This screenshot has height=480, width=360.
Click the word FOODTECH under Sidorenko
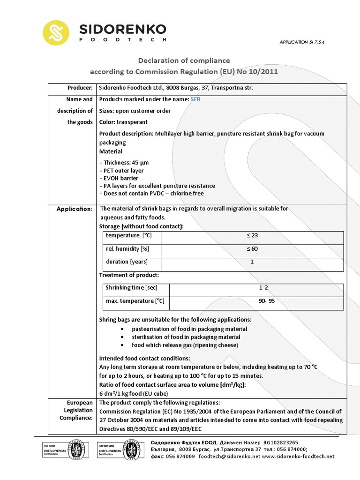[x=123, y=40]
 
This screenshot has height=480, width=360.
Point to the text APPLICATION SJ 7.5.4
[x=302, y=42]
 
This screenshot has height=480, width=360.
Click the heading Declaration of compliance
[x=183, y=60]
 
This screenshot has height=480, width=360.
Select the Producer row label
[x=80, y=88]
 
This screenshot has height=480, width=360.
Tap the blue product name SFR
[x=195, y=99]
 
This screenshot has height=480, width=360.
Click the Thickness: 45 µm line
[x=125, y=162]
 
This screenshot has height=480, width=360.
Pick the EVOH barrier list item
[x=120, y=178]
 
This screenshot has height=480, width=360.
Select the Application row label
[x=75, y=209]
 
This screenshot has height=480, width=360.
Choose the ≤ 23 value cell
[x=252, y=236]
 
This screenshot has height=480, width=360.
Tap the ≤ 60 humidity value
[x=252, y=249]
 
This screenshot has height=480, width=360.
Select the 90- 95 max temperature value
[x=266, y=301]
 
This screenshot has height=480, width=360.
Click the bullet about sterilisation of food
[x=186, y=337]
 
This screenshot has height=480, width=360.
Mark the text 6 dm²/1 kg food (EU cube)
[x=134, y=393]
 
